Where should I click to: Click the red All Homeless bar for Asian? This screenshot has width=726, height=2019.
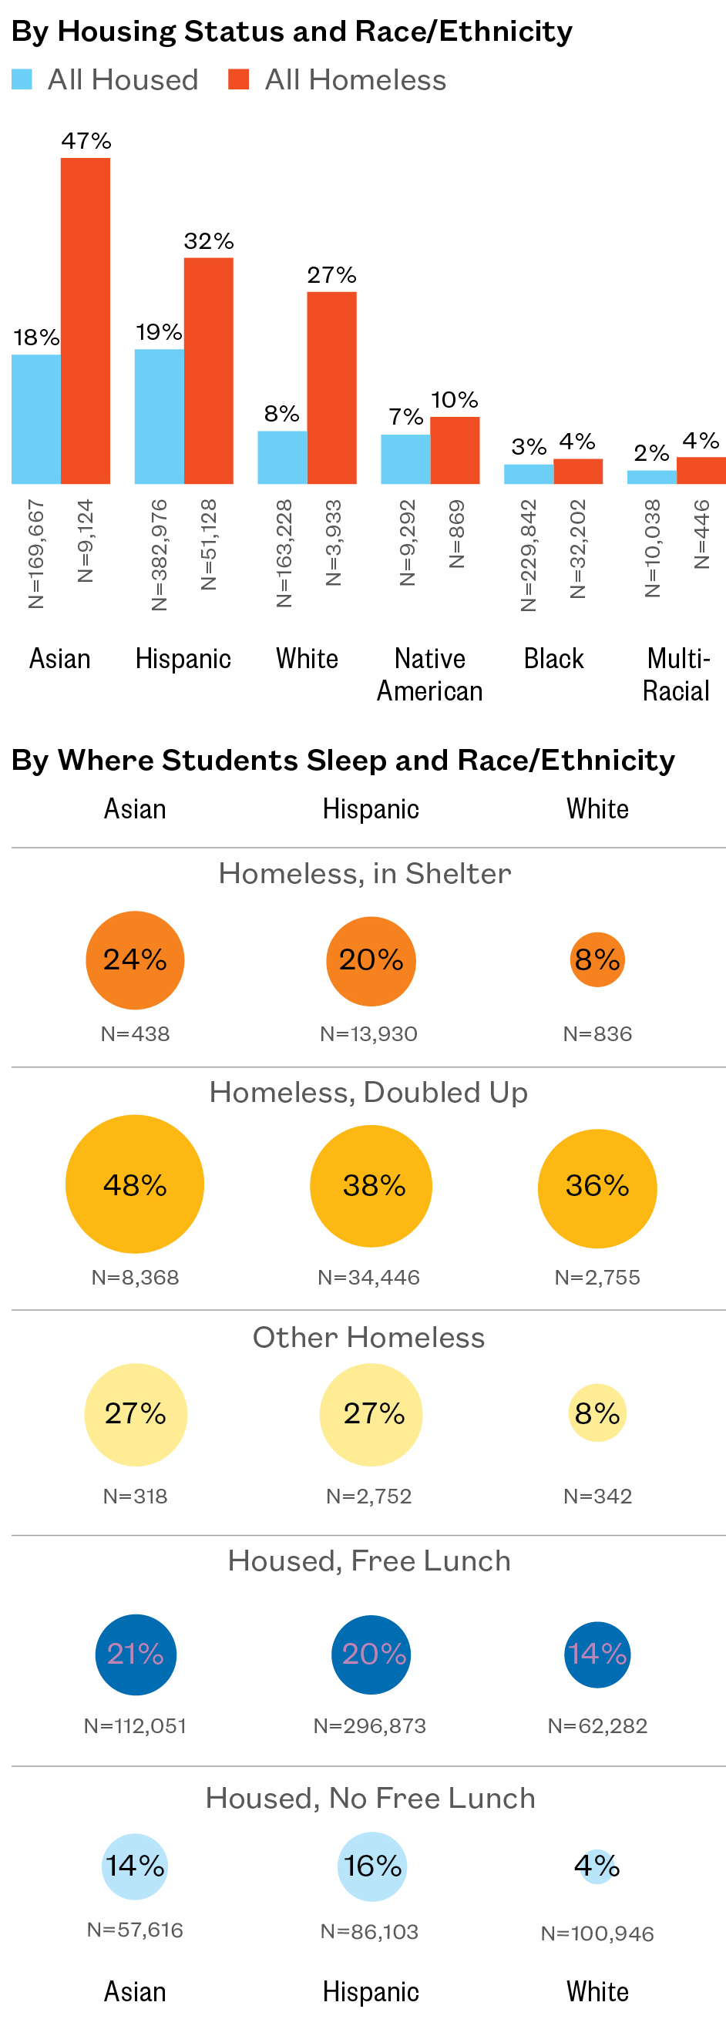[x=86, y=321]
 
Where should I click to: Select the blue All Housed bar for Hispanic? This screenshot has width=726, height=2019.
[x=160, y=416]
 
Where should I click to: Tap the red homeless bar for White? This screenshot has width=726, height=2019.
[x=331, y=387]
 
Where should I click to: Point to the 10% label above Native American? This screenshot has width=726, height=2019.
[x=455, y=401]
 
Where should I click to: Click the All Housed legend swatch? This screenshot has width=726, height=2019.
[x=22, y=79]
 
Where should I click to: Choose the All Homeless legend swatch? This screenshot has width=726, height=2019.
[x=238, y=79]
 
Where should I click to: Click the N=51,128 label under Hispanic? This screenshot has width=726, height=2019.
[x=209, y=545]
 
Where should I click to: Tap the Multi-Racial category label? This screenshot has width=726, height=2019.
[x=676, y=674]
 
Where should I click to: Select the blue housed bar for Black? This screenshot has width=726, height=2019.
[x=529, y=474]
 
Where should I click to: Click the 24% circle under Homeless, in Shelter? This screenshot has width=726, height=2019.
[x=135, y=960]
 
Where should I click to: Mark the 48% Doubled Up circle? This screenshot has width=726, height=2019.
[x=135, y=1184]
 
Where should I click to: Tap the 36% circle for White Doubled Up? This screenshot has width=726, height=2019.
[x=597, y=1188]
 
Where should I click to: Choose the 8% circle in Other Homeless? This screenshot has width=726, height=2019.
[x=597, y=1413]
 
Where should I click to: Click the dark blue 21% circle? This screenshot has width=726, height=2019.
[x=135, y=1655]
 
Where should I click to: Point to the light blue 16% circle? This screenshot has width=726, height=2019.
[x=372, y=1866]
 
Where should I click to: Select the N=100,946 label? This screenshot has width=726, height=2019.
[x=597, y=1933]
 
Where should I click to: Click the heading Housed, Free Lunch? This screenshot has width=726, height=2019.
[x=369, y=1560]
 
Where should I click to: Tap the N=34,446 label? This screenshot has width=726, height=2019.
[x=368, y=1278]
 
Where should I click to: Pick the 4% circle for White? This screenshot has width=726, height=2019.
[x=597, y=1866]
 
